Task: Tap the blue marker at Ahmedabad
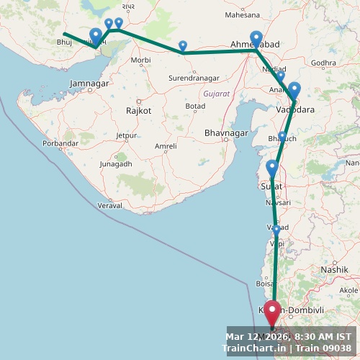click(x=256, y=39)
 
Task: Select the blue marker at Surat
click(x=271, y=168)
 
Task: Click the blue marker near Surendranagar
click(x=183, y=47)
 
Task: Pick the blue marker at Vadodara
click(x=294, y=90)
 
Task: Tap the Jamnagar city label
click(x=89, y=84)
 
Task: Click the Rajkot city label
click(x=138, y=111)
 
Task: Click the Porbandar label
click(x=60, y=143)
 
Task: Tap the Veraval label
click(x=109, y=206)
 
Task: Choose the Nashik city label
click(x=334, y=269)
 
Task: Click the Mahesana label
click(x=242, y=14)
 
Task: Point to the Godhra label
click(x=324, y=63)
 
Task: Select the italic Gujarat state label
click(x=216, y=94)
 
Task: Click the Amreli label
click(x=166, y=146)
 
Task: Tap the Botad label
click(x=195, y=106)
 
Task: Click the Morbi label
click(x=140, y=60)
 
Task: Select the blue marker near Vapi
click(x=276, y=230)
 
